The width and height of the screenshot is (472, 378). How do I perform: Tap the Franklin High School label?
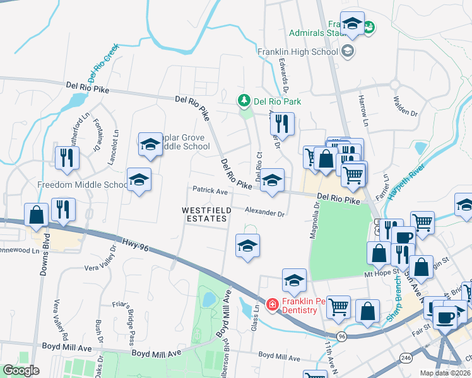pyautogui.click(x=298, y=52)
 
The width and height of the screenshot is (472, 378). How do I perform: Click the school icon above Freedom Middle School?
pyautogui.click(x=139, y=180)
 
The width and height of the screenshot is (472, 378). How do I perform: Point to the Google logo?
pyautogui.click(x=21, y=370)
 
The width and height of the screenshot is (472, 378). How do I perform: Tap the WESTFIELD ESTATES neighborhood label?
pyautogui.click(x=204, y=214)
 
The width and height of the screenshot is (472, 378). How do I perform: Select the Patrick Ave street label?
pyautogui.click(x=209, y=190)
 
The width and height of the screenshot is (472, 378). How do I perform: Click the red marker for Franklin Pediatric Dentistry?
pyautogui.click(x=273, y=305)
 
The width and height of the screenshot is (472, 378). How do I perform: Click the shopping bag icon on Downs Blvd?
pyautogui.click(x=37, y=215)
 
